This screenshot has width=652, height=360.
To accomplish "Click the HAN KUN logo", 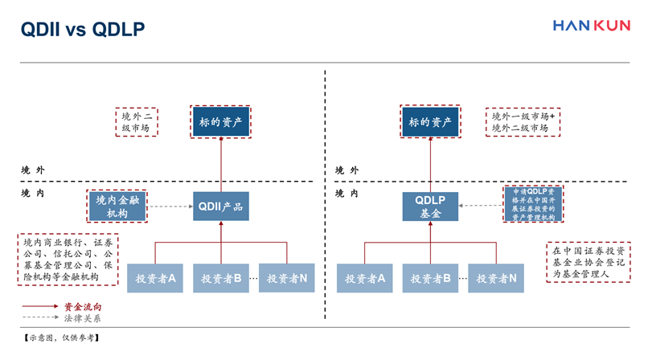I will tap(591, 26).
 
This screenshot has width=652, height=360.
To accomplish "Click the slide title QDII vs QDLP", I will tap(83, 30).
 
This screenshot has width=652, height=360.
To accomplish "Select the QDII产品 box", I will tap(220, 207).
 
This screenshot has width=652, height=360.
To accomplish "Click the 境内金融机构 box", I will tap(117, 207).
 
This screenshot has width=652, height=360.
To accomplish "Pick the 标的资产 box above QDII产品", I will tap(220, 122).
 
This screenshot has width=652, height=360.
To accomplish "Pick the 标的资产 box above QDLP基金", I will tap(430, 122).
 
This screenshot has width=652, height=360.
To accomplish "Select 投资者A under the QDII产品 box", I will tap(155, 278).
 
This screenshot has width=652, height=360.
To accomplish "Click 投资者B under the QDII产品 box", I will tap(221, 278).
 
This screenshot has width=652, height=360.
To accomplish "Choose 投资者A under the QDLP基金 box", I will tap(364, 278).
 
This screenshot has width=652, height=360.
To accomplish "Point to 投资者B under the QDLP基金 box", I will tap(430, 278).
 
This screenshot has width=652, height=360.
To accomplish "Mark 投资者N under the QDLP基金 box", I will tap(496, 278).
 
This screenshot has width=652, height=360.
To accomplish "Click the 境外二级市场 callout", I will tap(135, 122).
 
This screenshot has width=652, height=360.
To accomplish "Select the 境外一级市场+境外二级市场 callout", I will tap(523, 122).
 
